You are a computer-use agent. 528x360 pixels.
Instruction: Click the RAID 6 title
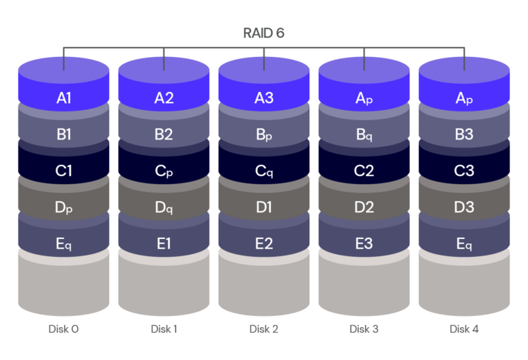point(264,32)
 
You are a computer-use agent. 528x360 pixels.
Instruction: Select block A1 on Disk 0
point(64,98)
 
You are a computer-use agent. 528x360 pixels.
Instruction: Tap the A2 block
point(164,98)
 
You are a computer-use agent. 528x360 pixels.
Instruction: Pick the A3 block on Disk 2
point(264,98)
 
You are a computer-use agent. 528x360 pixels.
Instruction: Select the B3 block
point(464,135)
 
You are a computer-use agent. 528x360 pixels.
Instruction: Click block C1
point(64,171)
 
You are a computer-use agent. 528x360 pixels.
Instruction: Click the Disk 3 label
point(364,329)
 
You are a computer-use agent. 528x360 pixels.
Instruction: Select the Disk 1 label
point(164,329)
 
